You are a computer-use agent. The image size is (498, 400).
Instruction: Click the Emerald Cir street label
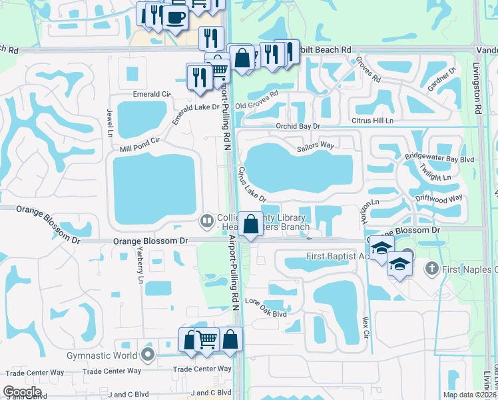point(152,94)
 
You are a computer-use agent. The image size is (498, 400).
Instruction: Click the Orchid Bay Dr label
point(299,126)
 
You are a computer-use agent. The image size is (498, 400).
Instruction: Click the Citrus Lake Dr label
point(252,185)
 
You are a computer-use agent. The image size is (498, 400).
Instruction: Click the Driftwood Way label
point(438,198)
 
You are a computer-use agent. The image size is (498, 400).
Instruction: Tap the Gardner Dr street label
point(442,79)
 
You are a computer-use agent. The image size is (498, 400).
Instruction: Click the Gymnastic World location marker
point(147,355)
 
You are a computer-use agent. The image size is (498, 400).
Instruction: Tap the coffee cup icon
point(175,18)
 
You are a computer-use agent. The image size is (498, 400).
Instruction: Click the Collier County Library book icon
point(207,219)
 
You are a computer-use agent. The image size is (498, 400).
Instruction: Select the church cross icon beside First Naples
point(432,269)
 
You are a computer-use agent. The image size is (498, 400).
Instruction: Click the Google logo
point(23,392)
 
